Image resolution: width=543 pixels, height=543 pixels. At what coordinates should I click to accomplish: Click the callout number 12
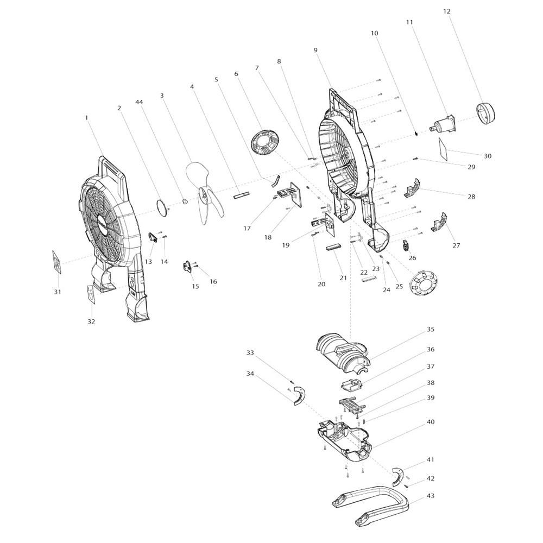[447, 11]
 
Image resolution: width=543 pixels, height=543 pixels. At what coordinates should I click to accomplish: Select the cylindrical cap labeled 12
[486, 113]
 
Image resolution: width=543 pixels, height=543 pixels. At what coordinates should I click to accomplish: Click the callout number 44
[139, 102]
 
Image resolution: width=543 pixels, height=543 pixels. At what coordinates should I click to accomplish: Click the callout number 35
[430, 329]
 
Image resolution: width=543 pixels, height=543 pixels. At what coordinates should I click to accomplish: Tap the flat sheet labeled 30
[443, 149]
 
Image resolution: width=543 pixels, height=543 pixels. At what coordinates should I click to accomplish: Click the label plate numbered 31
[57, 262]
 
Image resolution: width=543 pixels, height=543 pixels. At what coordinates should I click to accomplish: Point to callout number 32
[91, 321]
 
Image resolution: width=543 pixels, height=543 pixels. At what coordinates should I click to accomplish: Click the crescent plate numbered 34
[299, 396]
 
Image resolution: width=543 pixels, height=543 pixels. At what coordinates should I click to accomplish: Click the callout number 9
[315, 50]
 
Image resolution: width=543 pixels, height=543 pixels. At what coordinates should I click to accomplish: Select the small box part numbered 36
[350, 385]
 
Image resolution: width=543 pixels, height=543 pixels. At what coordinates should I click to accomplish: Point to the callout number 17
[247, 229]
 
